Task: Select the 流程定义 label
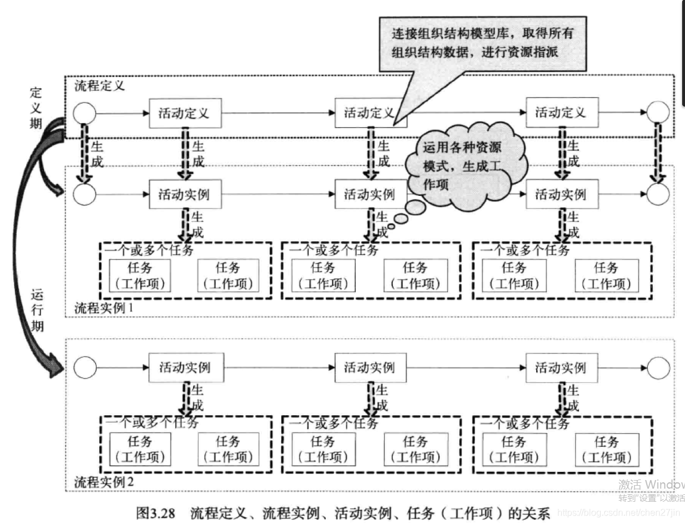(99, 86)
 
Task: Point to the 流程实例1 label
(104, 308)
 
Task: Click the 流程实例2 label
(104, 481)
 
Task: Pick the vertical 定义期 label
(36, 108)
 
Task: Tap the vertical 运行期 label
(36, 311)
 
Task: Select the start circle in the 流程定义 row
(85, 113)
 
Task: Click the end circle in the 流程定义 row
(657, 113)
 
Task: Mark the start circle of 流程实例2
(85, 367)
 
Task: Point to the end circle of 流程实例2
(658, 367)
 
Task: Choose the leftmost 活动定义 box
(184, 113)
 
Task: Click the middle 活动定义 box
(370, 113)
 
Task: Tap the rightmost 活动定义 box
(561, 112)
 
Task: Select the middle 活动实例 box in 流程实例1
(370, 195)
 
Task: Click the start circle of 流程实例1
(85, 195)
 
